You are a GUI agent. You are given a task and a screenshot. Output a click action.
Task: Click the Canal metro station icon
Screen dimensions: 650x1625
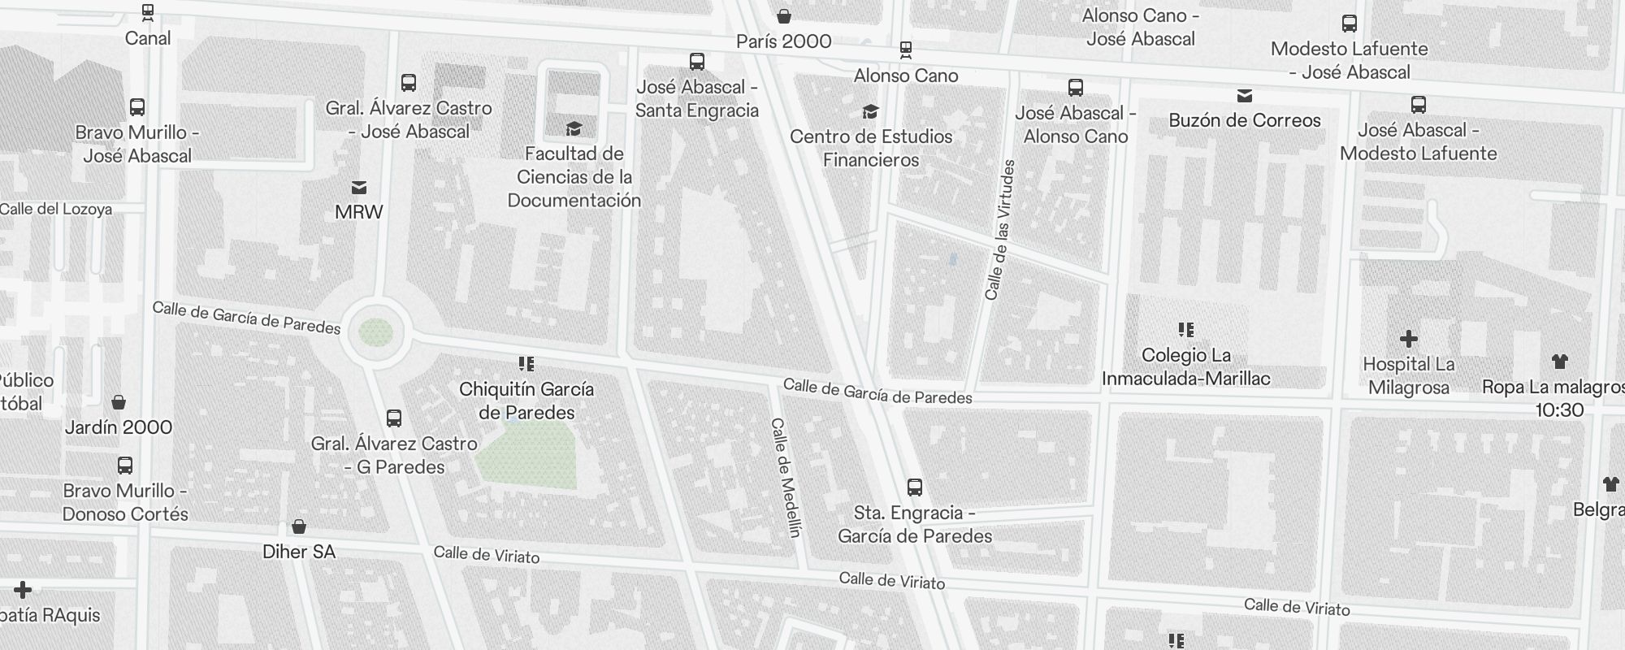pos(147,13)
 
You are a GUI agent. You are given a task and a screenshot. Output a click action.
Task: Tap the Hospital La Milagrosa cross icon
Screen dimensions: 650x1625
pos(1409,339)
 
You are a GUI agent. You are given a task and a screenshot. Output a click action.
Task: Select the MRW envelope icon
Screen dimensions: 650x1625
pos(358,188)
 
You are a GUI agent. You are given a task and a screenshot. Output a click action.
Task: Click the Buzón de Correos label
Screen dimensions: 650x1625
pos(1245,120)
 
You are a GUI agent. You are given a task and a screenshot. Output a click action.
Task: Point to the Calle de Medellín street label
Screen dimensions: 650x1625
pos(786,478)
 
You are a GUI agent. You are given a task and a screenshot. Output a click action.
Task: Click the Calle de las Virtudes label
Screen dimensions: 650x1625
pos(1000,230)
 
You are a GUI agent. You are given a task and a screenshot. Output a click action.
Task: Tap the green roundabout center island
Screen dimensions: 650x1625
pos(376,332)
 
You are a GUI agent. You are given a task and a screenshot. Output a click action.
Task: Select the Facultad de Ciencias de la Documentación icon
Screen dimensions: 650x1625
pos(574,128)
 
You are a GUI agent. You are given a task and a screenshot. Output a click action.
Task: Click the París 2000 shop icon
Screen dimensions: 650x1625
pos(784,16)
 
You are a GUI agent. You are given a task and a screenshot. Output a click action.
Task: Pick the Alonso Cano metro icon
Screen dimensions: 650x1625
pos(906,50)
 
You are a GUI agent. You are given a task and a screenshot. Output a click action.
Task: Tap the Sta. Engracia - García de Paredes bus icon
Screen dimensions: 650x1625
pos(915,487)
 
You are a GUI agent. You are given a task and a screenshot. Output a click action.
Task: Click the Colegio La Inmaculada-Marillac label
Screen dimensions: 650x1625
pos(1185,366)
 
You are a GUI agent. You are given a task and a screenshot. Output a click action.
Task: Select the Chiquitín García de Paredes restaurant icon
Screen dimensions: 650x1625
pos(526,364)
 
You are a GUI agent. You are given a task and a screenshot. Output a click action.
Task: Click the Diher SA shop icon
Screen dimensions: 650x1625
pos(299,526)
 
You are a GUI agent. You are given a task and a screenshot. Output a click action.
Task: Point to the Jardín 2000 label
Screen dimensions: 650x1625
pos(119,427)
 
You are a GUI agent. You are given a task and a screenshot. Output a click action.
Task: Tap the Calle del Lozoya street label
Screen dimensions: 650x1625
pos(55,209)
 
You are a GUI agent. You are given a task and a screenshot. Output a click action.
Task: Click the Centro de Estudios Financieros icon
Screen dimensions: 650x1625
pos(870,111)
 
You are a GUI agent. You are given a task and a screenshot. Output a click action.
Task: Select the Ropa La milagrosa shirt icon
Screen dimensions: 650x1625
pos(1559,362)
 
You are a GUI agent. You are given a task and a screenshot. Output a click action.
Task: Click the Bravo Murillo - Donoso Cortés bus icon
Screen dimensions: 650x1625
pos(125,466)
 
